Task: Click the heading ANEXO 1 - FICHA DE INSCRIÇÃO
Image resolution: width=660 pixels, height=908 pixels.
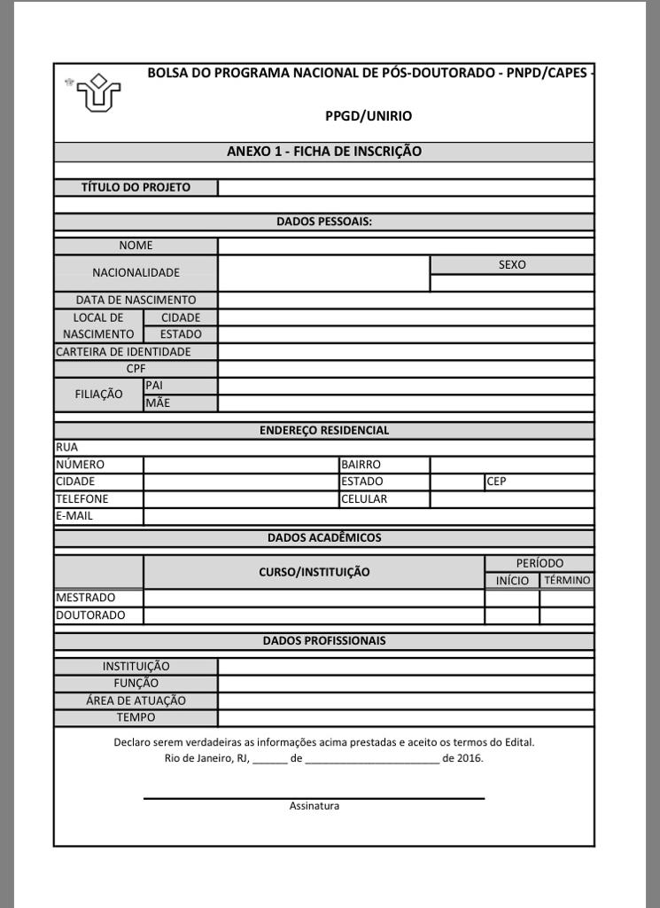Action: [x=323, y=152]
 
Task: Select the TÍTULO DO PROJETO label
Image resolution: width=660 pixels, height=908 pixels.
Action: [x=136, y=187]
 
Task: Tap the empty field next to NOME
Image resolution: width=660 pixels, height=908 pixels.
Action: [x=406, y=246]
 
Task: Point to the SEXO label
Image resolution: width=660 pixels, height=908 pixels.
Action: [x=512, y=264]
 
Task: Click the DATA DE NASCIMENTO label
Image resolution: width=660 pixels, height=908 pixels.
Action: [x=136, y=300]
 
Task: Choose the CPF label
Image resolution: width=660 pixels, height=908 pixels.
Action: [x=136, y=368]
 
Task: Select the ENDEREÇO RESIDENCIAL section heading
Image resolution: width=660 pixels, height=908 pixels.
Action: [x=323, y=430]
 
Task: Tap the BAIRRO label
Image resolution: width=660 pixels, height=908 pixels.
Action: [x=361, y=464]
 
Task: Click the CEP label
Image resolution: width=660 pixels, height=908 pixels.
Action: [x=496, y=481]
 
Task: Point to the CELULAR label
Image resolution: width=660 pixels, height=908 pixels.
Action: [x=364, y=498]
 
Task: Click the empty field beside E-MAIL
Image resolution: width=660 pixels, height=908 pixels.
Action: [x=368, y=516]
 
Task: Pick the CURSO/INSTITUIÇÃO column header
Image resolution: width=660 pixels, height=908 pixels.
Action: [x=314, y=572]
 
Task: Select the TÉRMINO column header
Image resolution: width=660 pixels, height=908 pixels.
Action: [x=567, y=581]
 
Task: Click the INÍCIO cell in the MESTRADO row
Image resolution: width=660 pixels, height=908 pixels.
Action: [x=512, y=598]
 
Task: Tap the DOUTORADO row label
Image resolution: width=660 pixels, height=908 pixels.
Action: [x=90, y=615]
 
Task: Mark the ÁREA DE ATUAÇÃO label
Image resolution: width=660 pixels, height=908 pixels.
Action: [x=136, y=701]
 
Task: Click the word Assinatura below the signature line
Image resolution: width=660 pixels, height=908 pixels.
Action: [x=314, y=806]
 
